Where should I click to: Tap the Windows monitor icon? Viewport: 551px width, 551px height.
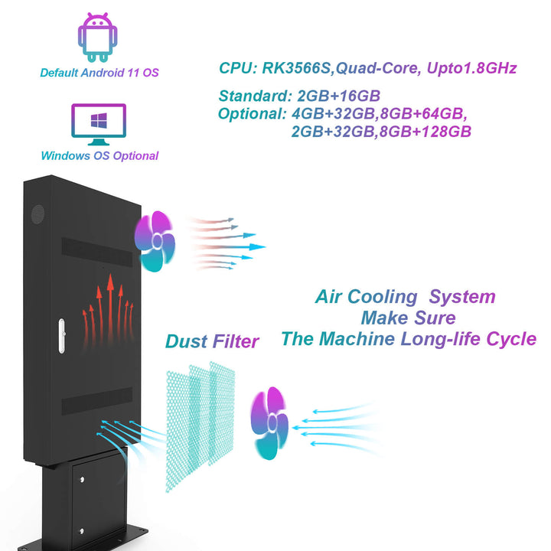point(99,125)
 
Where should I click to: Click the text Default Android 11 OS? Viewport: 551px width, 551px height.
point(99,73)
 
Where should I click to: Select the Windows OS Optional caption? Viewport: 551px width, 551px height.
point(99,156)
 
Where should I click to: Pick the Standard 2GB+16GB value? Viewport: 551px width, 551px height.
point(335,96)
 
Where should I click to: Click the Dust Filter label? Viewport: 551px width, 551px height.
point(211,341)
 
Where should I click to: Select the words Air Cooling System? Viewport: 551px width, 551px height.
point(406,297)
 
